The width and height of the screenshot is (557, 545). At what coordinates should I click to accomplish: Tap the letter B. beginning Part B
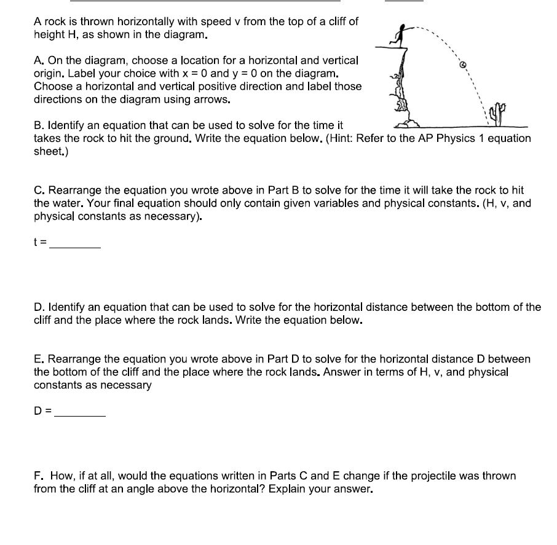(x=39, y=125)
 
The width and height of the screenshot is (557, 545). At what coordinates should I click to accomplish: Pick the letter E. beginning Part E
(x=39, y=359)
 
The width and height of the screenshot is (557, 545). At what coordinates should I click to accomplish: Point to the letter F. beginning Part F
(x=39, y=476)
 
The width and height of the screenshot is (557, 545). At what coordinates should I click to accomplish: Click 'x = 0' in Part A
(x=188, y=73)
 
